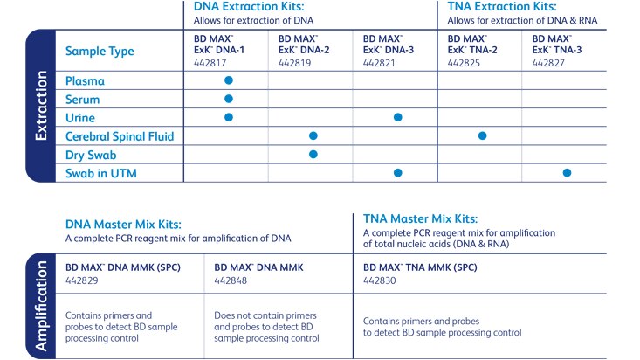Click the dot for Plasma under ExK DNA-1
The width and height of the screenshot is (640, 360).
pos(229,80)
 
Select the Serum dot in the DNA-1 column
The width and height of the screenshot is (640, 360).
pos(229,99)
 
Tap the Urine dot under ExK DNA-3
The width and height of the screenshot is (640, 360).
pos(397,117)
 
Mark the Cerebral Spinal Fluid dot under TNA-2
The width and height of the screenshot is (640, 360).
pos(482,135)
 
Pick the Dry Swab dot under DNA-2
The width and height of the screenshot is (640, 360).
pos(313,155)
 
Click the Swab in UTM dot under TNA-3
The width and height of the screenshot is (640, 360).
pos(567,173)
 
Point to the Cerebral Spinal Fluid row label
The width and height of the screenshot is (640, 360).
pos(120,136)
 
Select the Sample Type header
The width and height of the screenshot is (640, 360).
pos(100,52)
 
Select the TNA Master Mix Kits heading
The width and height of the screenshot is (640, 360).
pos(421,219)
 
